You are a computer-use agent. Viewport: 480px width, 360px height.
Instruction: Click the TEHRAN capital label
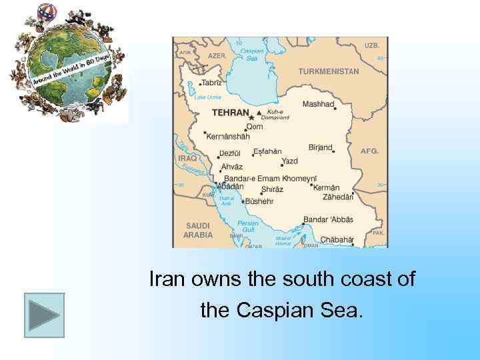[230, 113]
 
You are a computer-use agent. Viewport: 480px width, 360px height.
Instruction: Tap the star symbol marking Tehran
[252, 117]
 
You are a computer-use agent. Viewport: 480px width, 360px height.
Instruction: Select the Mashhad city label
[318, 104]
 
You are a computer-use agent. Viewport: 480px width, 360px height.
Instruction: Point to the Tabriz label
[211, 83]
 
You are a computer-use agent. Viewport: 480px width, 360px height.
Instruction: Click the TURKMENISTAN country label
[328, 71]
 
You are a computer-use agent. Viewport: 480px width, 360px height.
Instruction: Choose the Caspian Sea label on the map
[251, 54]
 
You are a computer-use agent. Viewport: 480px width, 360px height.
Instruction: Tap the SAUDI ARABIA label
[199, 230]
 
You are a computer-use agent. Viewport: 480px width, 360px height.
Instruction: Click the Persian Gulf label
[248, 225]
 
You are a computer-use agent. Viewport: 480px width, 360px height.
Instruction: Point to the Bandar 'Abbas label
[328, 220]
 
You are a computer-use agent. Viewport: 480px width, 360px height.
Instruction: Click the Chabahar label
[337, 239]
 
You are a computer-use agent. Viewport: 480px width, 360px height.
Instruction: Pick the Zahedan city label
[337, 197]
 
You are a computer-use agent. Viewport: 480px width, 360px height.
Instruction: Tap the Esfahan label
[267, 151]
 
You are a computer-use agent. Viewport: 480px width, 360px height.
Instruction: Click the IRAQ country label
[187, 159]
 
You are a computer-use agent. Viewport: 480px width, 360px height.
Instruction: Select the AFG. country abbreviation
[369, 151]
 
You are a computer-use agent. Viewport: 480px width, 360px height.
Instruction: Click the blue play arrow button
[44, 315]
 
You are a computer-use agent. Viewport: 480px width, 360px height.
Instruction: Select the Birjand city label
[320, 147]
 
